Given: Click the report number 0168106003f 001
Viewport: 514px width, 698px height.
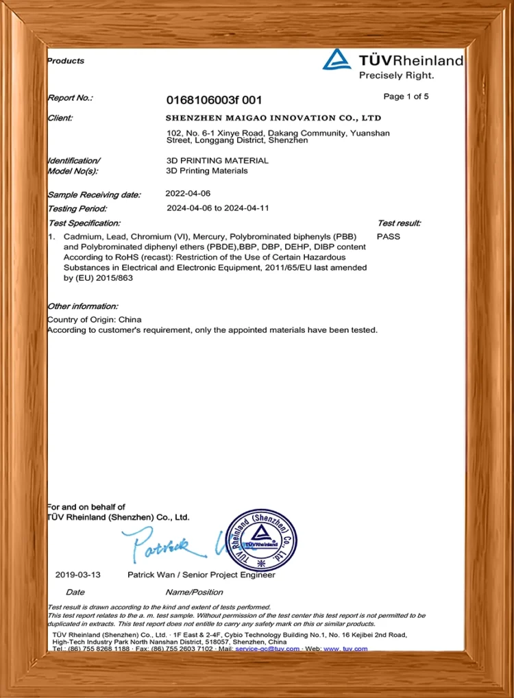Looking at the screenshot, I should coord(214,100).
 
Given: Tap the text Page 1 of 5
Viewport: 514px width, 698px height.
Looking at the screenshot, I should coord(406,97).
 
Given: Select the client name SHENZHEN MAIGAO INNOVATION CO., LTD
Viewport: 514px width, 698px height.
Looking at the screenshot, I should coord(273,118).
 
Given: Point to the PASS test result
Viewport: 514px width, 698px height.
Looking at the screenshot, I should coord(389,236).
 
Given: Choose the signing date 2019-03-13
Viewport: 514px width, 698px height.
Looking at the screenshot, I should coord(77,575).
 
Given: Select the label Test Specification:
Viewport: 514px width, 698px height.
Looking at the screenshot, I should coord(84,223).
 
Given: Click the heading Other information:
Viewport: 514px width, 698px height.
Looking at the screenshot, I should coord(82,306).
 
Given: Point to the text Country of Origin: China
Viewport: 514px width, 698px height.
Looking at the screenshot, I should coord(95,320).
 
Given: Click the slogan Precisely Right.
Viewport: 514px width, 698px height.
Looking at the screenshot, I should coord(396,75).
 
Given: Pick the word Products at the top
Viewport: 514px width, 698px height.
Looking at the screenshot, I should coord(66,61).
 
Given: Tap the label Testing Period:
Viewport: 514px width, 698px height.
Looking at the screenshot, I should coord(77,208).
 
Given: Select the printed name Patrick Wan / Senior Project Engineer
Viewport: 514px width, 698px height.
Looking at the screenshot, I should coord(201,575).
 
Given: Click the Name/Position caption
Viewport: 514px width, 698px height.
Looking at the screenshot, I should coord(194,592).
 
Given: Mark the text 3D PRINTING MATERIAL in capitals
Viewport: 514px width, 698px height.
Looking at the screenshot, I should coord(217,160).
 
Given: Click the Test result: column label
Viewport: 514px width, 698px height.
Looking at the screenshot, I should coord(399,223).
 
